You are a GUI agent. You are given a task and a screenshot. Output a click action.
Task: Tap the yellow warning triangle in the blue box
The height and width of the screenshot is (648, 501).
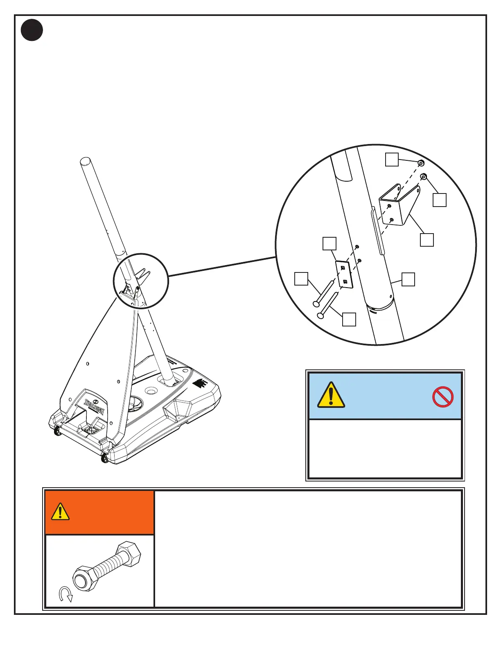[x=331, y=395]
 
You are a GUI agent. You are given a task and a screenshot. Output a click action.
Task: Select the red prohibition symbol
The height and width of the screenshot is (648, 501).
[x=442, y=396]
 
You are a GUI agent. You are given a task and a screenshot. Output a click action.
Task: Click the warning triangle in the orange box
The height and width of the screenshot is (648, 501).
[x=60, y=511]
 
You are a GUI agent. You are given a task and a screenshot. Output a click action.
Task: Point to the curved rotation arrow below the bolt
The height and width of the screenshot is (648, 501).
[x=65, y=594]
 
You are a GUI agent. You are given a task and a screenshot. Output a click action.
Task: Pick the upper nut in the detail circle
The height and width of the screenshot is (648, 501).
[x=421, y=163]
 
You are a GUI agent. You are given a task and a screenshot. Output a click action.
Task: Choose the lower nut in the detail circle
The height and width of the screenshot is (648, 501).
[x=424, y=177]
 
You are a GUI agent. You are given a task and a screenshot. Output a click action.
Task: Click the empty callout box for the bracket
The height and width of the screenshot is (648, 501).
[x=427, y=240]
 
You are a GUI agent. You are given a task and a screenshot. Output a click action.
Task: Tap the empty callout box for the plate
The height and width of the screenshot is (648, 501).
[x=329, y=243]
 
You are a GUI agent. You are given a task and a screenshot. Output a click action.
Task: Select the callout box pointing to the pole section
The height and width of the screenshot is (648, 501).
[x=408, y=279]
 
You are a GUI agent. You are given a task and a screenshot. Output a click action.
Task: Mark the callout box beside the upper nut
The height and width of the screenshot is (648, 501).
[x=392, y=160]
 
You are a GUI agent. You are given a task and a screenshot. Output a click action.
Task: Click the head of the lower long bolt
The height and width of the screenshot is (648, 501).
[x=320, y=315]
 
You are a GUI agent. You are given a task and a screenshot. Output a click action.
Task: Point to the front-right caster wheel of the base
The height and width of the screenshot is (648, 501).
[x=104, y=459]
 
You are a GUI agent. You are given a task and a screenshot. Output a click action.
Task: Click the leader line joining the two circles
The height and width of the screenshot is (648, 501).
[x=221, y=266]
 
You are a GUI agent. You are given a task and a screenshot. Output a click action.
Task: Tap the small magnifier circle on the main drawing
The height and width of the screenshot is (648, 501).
[x=140, y=280]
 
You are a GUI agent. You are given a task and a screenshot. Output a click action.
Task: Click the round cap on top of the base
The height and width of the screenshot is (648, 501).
[x=150, y=391]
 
